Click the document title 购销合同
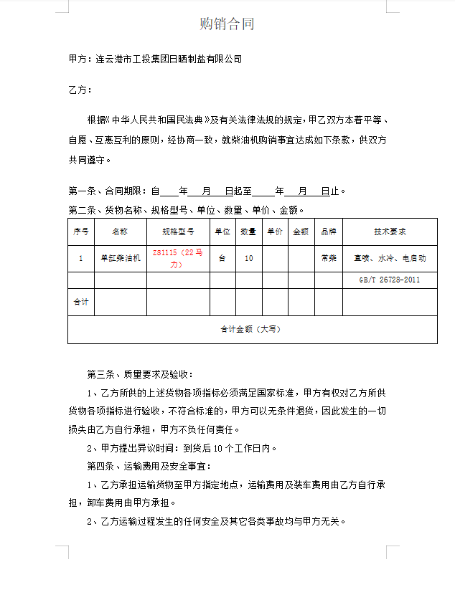pyautogui.click(x=227, y=24)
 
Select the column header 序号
pyautogui.click(x=81, y=232)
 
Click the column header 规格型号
pyautogui.click(x=178, y=232)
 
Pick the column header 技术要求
pyautogui.click(x=390, y=232)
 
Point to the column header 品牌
pyautogui.click(x=329, y=232)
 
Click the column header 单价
pyautogui.click(x=275, y=232)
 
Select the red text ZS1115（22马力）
pyautogui.click(x=178, y=259)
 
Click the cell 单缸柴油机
pyautogui.click(x=120, y=258)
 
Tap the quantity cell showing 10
pyautogui.click(x=248, y=258)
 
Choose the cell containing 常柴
pyautogui.click(x=329, y=258)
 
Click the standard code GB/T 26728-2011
pyautogui.click(x=390, y=280)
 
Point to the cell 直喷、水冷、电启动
pyautogui.click(x=390, y=258)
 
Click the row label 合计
pyautogui.click(x=81, y=302)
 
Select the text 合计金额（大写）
pyautogui.click(x=252, y=329)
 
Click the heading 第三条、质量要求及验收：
pyautogui.click(x=140, y=374)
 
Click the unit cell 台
pyautogui.click(x=222, y=258)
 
